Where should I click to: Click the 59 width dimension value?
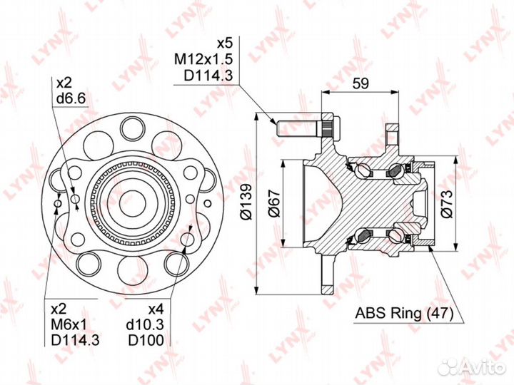[361, 83]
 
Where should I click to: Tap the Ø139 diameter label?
[246, 202]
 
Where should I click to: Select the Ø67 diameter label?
[274, 203]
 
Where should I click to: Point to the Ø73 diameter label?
[446, 203]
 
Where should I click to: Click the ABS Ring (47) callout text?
[404, 313]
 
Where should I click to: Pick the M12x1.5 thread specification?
[203, 59]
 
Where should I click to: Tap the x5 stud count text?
[225, 43]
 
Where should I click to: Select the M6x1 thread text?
[69, 324]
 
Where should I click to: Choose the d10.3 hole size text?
[145, 324]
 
